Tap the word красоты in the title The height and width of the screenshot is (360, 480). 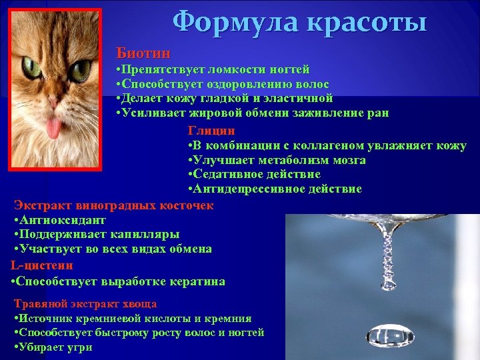(x=365, y=23)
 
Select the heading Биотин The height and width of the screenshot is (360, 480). (x=143, y=53)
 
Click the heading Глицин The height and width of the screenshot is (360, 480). (x=211, y=131)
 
